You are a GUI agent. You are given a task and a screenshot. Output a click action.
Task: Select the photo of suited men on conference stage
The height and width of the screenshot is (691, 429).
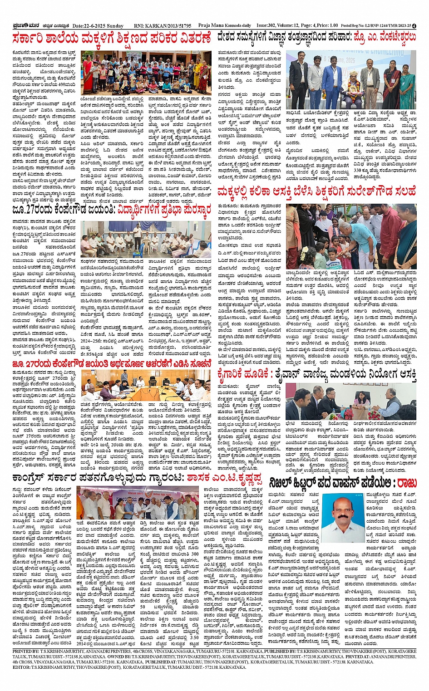click(x=351, y=80)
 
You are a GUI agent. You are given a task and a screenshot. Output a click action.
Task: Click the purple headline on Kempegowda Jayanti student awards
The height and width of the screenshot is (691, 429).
click(x=112, y=210)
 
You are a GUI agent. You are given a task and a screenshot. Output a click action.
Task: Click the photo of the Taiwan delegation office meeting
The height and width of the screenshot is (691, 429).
click(x=351, y=401)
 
